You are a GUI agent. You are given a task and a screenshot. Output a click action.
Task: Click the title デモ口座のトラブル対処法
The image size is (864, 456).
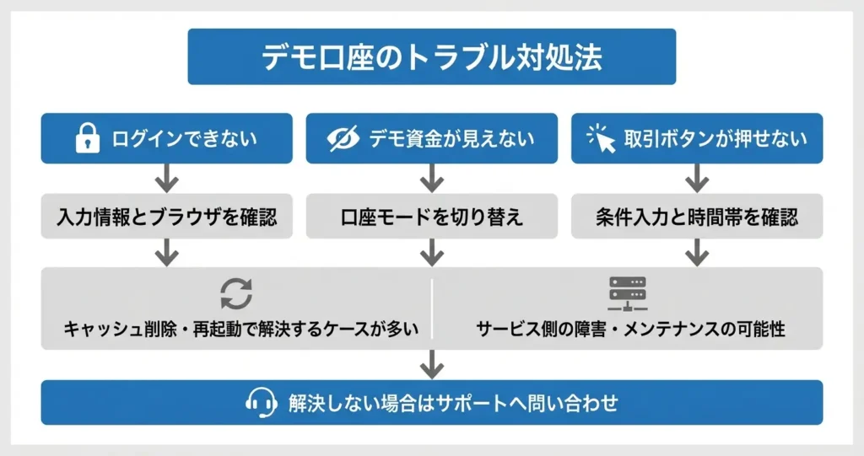coord(431,56)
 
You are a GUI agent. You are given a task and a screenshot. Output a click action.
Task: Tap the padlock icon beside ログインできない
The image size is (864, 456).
coord(87,139)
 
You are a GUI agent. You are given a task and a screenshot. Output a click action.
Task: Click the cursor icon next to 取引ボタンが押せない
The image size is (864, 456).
coord(602,139)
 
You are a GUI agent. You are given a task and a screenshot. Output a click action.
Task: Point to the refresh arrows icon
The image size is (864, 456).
coord(236,294)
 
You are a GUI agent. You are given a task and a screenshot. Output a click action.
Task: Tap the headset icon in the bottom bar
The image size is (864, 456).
coord(262,402)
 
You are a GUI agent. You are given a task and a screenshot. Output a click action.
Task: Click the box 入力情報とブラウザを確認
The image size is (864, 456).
coord(167,217)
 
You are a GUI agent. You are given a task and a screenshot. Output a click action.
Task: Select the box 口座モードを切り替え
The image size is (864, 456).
coord(431,217)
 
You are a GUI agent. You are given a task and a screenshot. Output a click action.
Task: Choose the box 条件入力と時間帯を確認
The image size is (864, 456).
coord(696,217)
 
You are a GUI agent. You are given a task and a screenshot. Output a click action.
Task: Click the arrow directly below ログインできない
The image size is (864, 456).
coord(167,178)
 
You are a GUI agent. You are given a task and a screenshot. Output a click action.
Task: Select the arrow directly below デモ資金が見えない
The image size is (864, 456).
coord(431,178)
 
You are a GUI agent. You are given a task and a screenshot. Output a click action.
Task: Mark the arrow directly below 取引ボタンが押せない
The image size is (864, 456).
coord(696,178)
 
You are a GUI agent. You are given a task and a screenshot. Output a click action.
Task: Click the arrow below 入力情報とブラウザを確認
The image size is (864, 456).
coord(167,252)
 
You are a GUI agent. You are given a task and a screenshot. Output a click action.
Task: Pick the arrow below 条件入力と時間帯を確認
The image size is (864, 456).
coord(696,252)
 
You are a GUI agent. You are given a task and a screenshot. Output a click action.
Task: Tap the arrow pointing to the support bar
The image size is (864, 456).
coord(431,364)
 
